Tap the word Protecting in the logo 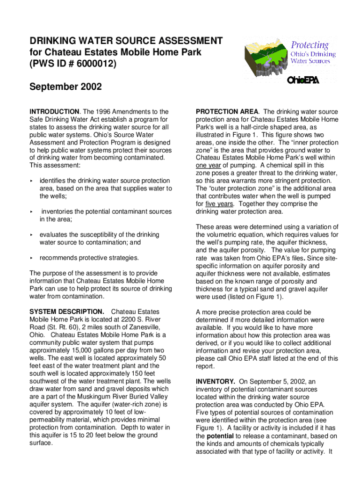coord(310,45)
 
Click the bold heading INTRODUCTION coord(54,112)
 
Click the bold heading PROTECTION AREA coord(226,112)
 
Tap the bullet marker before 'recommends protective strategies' coord(32,258)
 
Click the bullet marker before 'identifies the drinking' coord(32,181)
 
